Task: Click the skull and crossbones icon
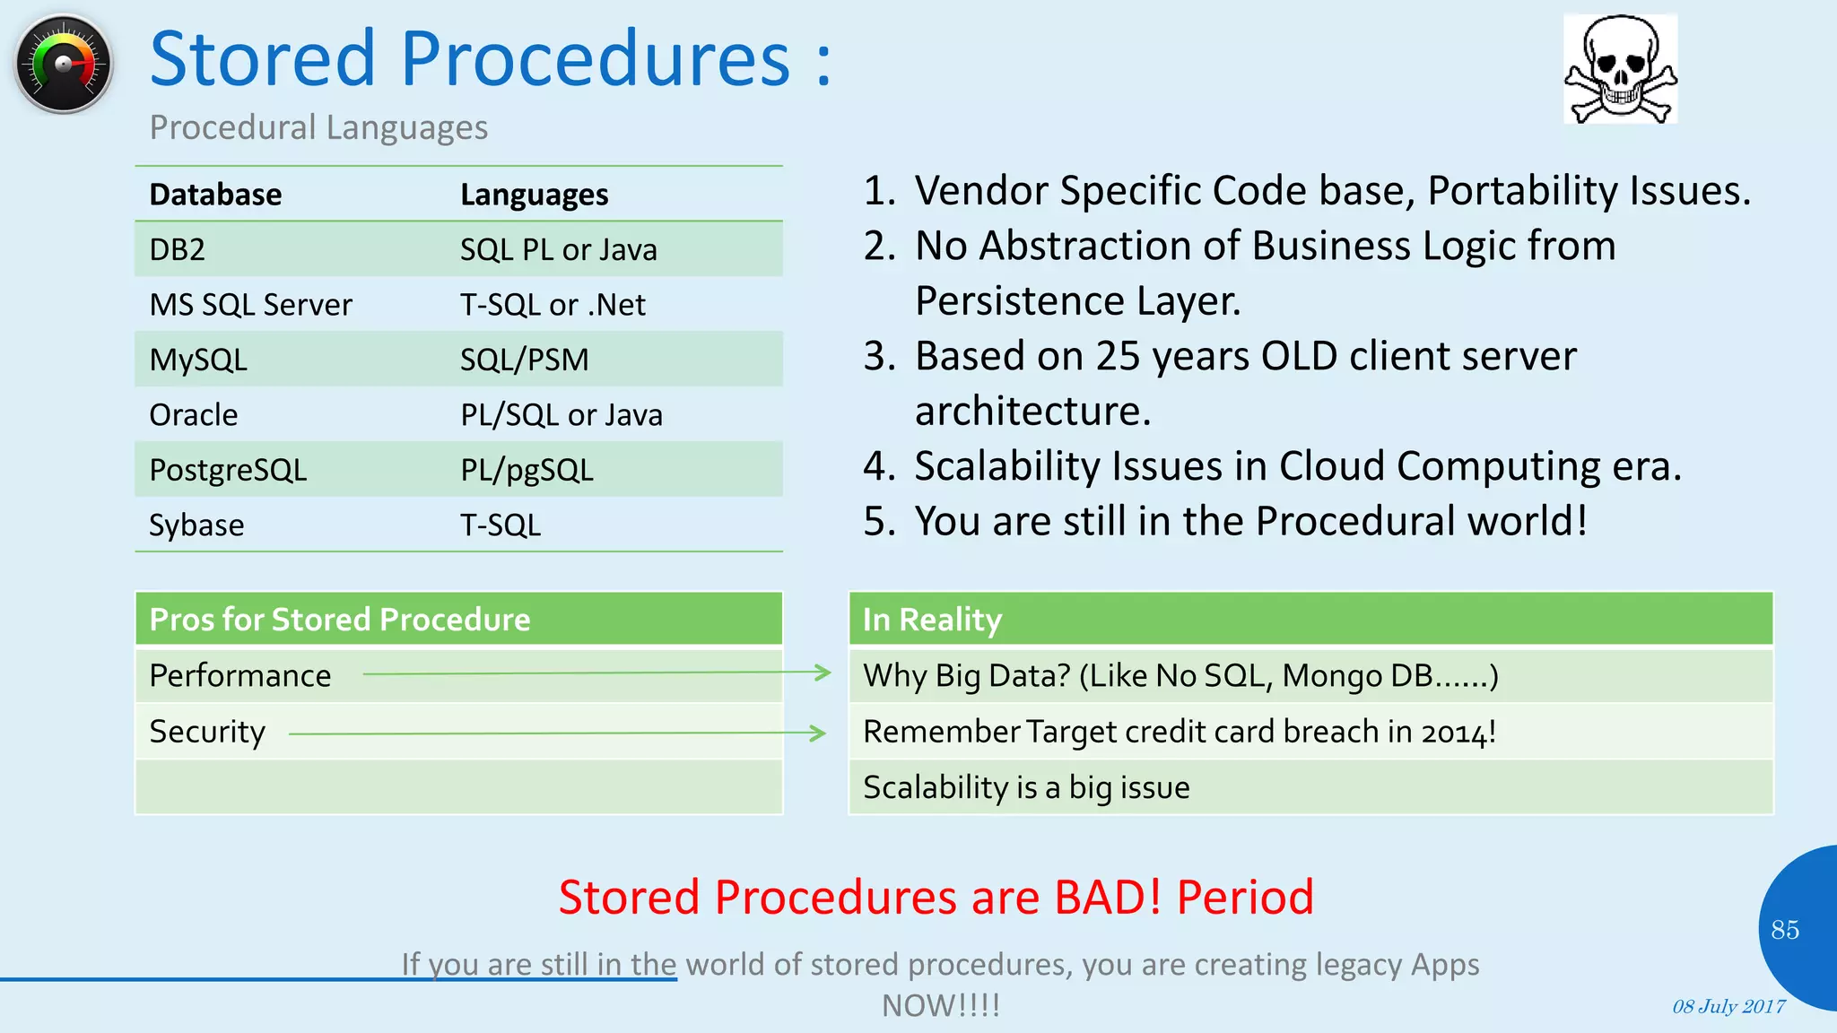tap(1620, 69)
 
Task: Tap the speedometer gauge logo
tap(64, 65)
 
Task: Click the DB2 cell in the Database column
tap(178, 249)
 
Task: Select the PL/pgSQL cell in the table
tap(527, 470)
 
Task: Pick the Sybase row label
tap(196, 525)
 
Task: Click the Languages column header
tap(534, 195)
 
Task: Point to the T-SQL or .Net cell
tap(553, 305)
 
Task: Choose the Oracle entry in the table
tap(194, 415)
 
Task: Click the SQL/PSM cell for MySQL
tap(524, 360)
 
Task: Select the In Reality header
tap(932, 620)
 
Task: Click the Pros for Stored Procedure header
tap(340, 620)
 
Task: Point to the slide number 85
tap(1784, 930)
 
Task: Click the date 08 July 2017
tap(1728, 1006)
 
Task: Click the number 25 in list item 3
tap(1118, 356)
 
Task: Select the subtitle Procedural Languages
tap(318, 127)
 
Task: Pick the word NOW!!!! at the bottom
tap(940, 1005)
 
